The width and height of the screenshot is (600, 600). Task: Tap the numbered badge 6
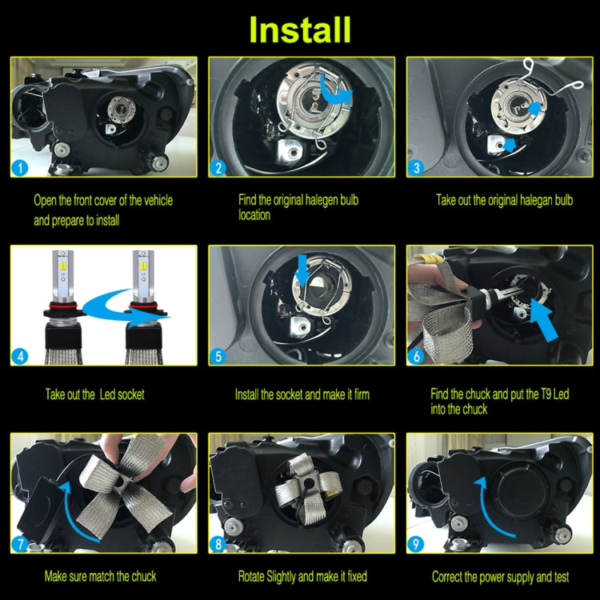pos(417,356)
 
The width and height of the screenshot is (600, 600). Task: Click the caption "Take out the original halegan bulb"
pos(504,200)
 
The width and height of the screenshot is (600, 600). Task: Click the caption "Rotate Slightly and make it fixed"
pos(302,576)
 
